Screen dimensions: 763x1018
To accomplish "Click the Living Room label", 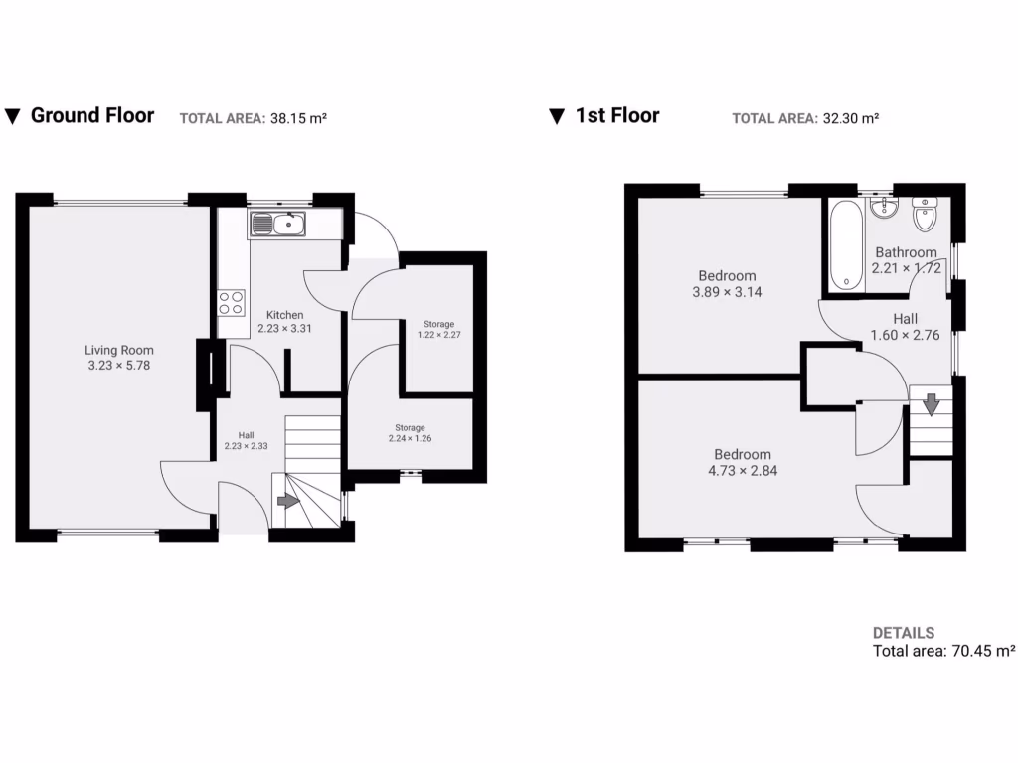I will (119, 350).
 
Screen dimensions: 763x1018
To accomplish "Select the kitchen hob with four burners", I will (232, 301).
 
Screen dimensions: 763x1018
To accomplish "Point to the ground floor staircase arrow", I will (287, 501).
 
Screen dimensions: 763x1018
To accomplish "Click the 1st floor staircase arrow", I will (931, 405).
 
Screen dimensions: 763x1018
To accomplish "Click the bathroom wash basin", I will (882, 209).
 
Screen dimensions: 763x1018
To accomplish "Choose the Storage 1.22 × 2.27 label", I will (438, 329).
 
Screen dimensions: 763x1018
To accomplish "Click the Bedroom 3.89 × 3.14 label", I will (727, 284).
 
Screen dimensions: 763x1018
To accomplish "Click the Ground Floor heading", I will (91, 115).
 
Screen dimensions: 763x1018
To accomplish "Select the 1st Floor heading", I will (616, 115).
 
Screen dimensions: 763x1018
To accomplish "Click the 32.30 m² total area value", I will (850, 118).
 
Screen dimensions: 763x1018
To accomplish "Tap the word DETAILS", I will (903, 633).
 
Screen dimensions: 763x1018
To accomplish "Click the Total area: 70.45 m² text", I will (943, 652).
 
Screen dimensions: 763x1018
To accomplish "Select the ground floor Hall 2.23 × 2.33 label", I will (245, 440).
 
